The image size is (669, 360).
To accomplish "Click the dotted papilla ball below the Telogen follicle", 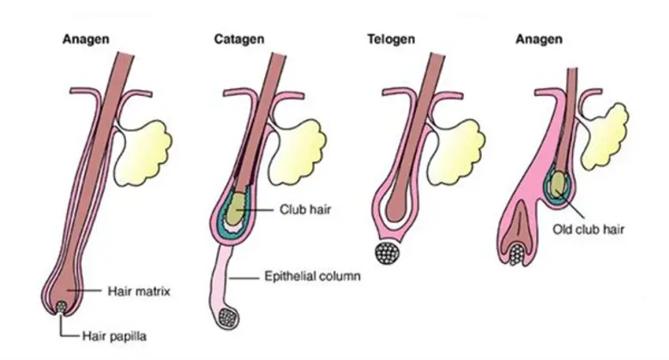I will pyautogui.click(x=389, y=254).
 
